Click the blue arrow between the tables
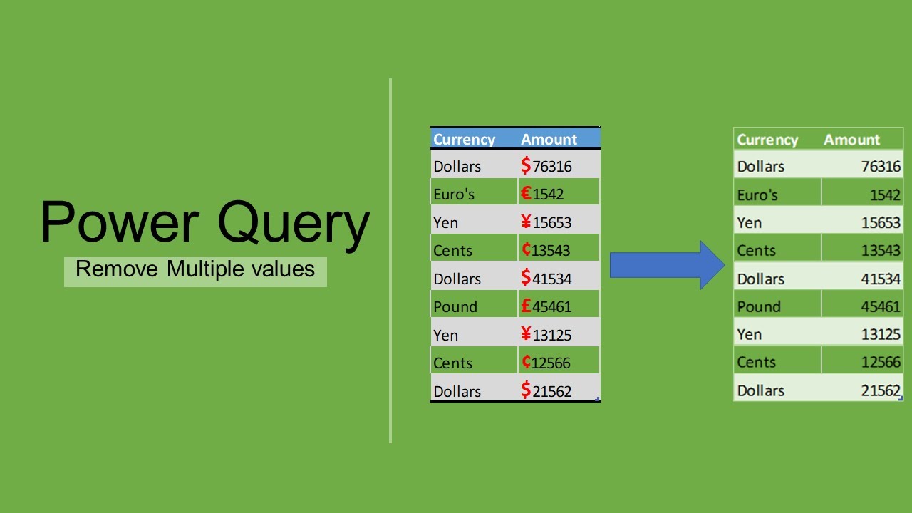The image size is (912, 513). (668, 265)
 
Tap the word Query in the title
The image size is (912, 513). (294, 226)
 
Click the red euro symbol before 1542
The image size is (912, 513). (526, 193)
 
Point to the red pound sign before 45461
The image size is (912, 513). (526, 306)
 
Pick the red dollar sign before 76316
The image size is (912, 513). (526, 165)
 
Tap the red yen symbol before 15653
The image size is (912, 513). (526, 222)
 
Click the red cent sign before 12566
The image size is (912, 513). (526, 361)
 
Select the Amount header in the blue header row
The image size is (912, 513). (549, 139)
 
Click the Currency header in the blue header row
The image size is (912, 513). (464, 140)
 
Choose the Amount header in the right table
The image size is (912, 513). (851, 140)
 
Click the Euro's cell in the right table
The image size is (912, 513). (757, 195)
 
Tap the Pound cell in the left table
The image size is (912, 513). (455, 306)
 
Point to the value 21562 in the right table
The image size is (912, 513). (881, 391)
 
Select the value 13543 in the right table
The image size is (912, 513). (881, 250)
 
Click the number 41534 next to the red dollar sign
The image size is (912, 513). (552, 279)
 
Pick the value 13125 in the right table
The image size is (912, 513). (881, 335)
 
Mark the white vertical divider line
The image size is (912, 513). (390, 261)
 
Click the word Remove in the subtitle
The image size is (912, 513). (117, 269)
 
